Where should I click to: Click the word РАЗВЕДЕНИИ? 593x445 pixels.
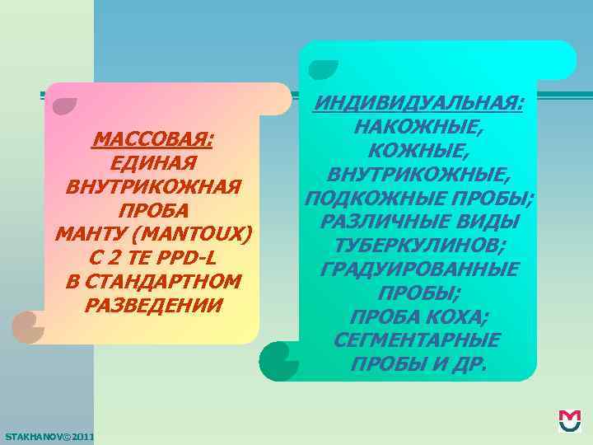(x=152, y=306)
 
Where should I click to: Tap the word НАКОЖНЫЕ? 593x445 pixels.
(x=418, y=128)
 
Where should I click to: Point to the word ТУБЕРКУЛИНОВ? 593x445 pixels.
(x=418, y=246)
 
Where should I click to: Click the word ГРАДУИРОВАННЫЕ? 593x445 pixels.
(x=418, y=269)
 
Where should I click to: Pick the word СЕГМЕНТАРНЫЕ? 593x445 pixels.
(x=418, y=340)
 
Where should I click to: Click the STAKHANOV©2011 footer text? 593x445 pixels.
(x=49, y=435)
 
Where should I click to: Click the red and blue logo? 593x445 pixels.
(x=570, y=420)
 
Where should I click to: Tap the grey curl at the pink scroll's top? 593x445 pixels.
(x=63, y=104)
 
